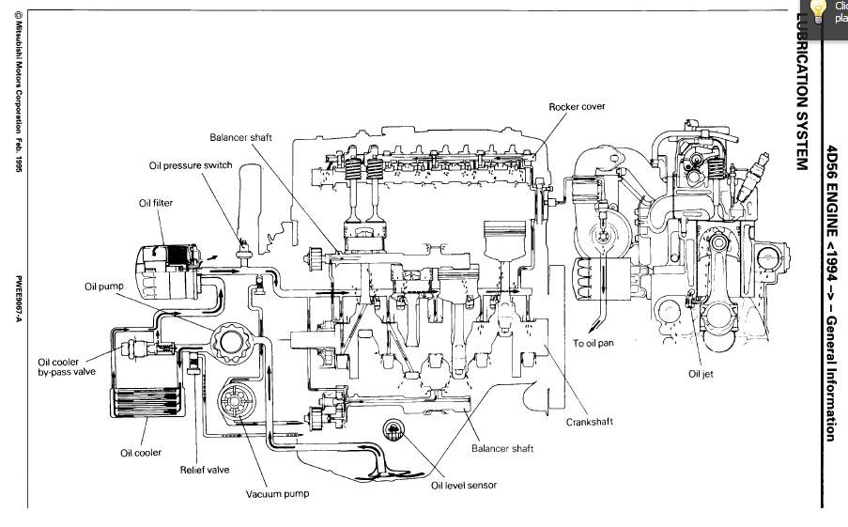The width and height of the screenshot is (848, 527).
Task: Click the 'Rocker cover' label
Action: pyautogui.click(x=577, y=107)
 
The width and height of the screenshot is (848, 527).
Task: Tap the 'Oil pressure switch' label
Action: pyautogui.click(x=191, y=165)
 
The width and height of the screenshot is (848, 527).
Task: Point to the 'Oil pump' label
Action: pyautogui.click(x=104, y=287)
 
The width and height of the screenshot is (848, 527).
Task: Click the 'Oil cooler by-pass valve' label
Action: pyautogui.click(x=67, y=366)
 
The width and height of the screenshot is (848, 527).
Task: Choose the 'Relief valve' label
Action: pyautogui.click(x=204, y=470)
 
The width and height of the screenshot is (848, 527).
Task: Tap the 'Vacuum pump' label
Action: pyautogui.click(x=277, y=494)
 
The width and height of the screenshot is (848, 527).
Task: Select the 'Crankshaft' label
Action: pyautogui.click(x=589, y=422)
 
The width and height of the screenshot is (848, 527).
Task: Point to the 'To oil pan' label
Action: pyautogui.click(x=593, y=344)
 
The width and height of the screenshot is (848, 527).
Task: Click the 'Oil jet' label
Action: pyautogui.click(x=701, y=374)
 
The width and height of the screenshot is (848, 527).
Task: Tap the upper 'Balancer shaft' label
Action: pyautogui.click(x=240, y=137)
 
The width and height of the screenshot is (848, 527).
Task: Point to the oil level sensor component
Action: pyautogui.click(x=393, y=434)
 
